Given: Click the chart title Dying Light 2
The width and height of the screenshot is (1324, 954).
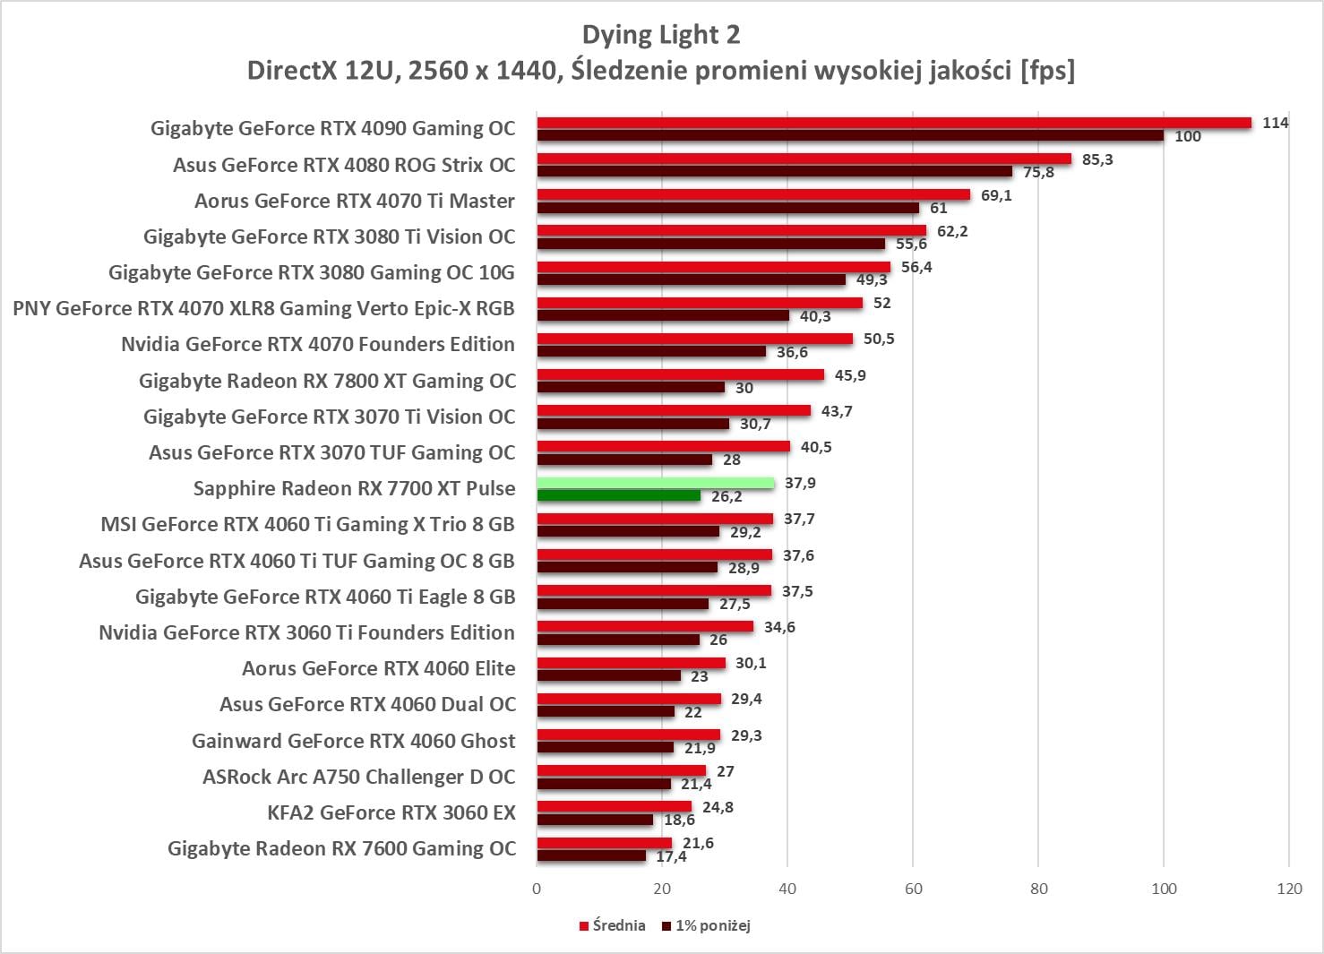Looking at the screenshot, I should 661,34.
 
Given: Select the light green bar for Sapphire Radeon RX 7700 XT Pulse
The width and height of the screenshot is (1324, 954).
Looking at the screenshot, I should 655,483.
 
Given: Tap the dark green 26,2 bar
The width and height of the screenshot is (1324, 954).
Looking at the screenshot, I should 618,495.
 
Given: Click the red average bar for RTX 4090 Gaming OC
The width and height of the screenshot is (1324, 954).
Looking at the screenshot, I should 893,123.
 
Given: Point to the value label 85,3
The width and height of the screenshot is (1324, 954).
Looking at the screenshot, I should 1097,159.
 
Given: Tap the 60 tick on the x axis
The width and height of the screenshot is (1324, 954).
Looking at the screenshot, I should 913,889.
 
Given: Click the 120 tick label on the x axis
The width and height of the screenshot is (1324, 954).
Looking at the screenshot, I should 1289,889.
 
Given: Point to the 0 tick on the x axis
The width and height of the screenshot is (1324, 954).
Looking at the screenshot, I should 537,889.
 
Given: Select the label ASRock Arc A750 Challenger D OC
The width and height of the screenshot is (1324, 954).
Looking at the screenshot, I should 358,777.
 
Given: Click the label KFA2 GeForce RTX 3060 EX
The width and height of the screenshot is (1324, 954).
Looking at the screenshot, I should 391,812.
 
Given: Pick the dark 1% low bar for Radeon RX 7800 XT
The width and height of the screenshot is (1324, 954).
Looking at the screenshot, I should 631,388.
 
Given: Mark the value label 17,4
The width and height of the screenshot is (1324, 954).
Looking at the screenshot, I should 671,856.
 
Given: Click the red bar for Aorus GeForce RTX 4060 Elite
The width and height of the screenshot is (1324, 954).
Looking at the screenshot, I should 631,663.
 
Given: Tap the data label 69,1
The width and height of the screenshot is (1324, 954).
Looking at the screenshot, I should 996,195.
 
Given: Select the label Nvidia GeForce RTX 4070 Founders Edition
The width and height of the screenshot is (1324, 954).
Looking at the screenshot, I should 318,344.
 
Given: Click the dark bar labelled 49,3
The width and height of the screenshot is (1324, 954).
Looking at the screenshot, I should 691,279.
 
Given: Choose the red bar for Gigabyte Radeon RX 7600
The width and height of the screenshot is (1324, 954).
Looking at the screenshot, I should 604,843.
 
